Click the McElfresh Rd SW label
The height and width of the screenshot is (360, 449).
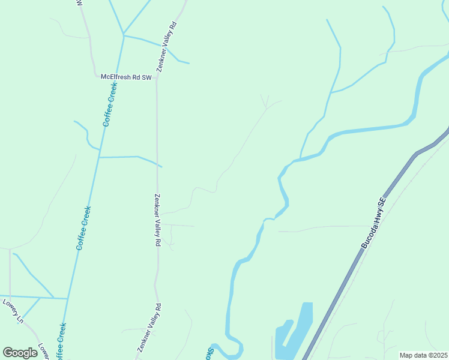click(125, 77)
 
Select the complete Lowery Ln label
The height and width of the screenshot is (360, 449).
click(13, 311)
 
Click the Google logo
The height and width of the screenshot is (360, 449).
click(20, 353)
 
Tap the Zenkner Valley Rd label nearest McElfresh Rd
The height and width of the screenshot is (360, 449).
click(167, 47)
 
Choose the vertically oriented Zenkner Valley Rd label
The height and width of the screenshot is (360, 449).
click(157, 220)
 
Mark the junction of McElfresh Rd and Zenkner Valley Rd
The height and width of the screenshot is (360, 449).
click(157, 77)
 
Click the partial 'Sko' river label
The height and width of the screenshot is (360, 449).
click(211, 353)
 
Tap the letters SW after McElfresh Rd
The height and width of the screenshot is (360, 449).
click(146, 77)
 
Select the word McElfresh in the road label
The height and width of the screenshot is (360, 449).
click(115, 77)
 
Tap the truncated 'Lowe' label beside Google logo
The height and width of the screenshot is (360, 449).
click(43, 350)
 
